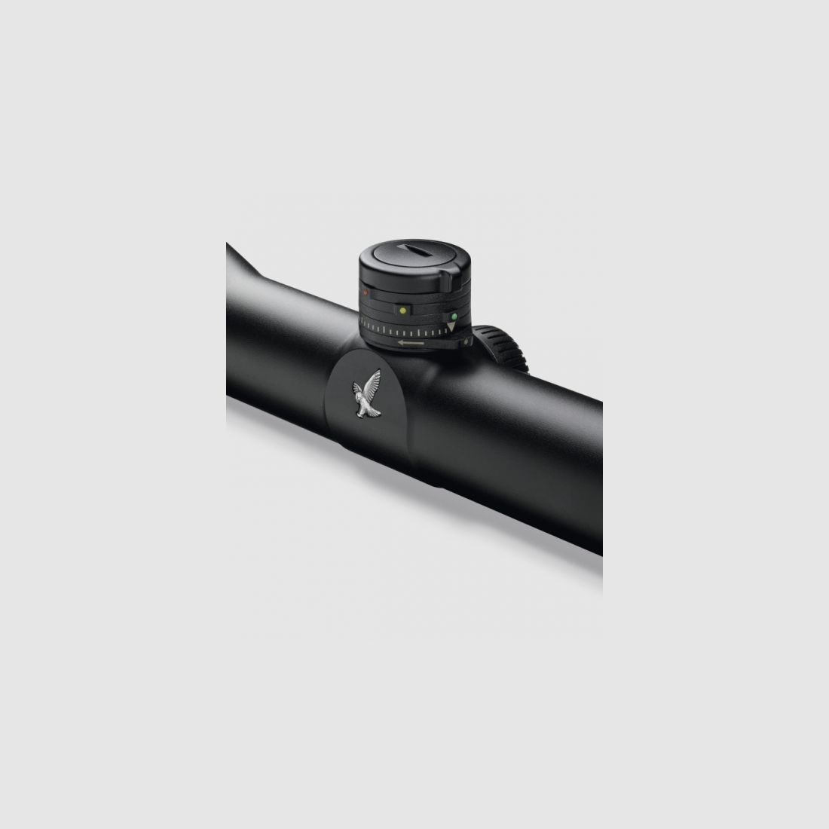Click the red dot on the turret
click(x=365, y=291)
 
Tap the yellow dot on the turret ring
click(x=402, y=310)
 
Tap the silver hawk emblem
click(x=366, y=396)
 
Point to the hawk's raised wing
click(x=372, y=382)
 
